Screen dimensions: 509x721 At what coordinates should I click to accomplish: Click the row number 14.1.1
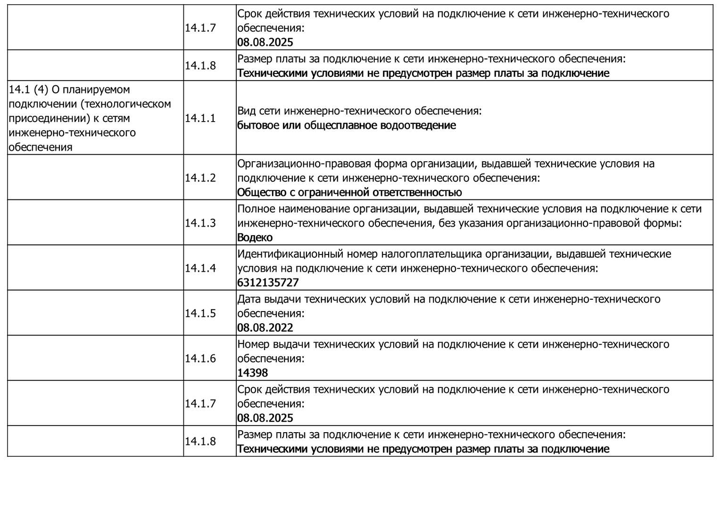click(200, 118)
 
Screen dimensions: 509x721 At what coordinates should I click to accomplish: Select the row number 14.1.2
click(200, 178)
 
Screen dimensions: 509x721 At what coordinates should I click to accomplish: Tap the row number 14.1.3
click(200, 223)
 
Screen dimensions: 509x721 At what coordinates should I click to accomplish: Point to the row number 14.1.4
click(200, 268)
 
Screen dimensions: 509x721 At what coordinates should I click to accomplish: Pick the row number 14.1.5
click(200, 313)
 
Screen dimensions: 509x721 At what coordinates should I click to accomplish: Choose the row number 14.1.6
click(200, 359)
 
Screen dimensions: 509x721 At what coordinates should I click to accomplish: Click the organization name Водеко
click(255, 238)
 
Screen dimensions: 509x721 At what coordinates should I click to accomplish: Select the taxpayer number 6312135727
click(268, 283)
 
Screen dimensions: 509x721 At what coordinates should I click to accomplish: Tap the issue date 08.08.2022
click(265, 328)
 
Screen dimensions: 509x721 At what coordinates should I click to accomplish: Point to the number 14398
click(252, 373)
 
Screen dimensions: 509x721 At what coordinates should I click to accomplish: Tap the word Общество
click(259, 192)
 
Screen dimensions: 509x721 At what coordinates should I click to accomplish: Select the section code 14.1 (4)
click(28, 90)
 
